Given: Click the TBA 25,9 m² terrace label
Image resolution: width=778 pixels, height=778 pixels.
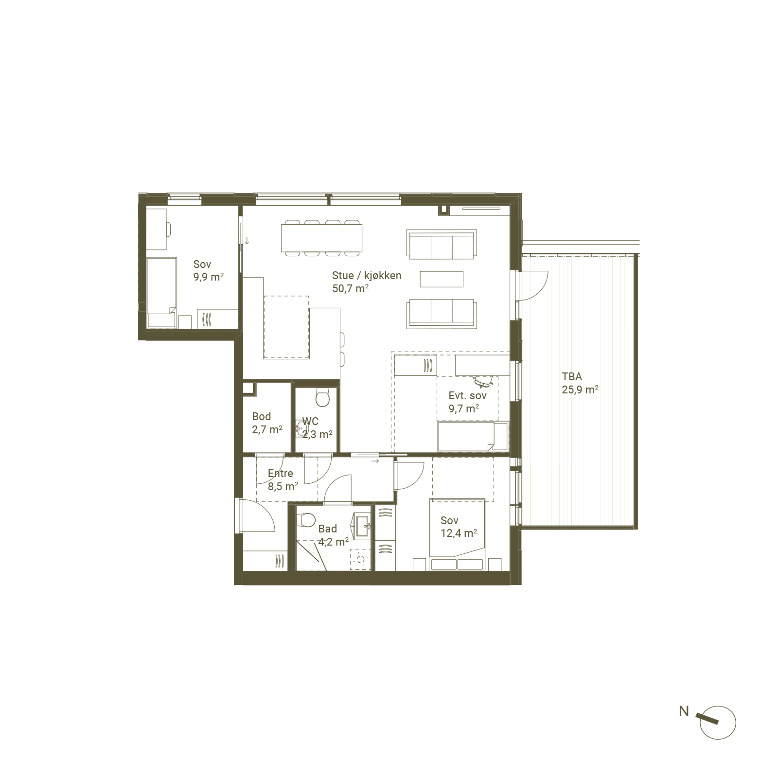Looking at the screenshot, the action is [x=580, y=383].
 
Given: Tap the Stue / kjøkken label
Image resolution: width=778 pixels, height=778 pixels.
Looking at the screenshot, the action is [x=367, y=275].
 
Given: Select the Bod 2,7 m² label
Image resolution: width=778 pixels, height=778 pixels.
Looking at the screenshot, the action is [x=267, y=423].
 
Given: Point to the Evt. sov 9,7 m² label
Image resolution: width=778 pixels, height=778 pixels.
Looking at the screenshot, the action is [x=467, y=402].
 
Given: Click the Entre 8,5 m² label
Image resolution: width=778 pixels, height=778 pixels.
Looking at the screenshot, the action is [x=283, y=479].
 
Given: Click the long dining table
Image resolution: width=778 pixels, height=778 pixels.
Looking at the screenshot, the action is [x=321, y=238].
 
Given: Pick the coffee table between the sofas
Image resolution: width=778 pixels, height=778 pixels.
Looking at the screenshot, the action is [x=442, y=279].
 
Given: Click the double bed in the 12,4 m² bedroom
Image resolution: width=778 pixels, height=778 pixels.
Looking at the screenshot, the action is [x=457, y=534].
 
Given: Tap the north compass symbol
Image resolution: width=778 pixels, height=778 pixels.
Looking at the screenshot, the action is [x=717, y=723].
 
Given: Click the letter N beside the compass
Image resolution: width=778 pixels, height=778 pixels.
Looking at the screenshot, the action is [x=684, y=711].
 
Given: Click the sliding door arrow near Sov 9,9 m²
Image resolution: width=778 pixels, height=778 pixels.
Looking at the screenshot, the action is [x=247, y=240].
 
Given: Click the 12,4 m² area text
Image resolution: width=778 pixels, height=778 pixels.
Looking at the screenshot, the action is [x=459, y=533].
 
